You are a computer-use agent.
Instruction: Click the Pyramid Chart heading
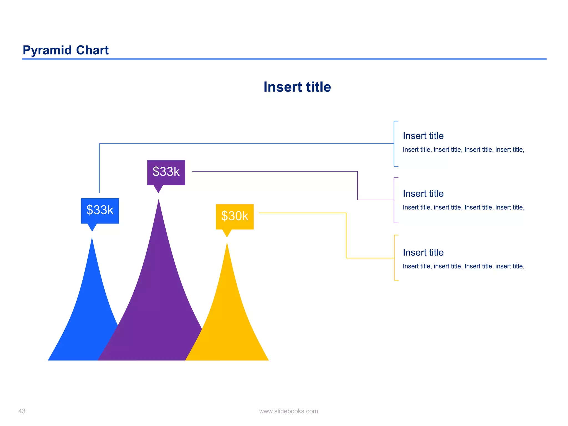point(65,50)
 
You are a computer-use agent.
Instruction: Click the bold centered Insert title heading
point(297,87)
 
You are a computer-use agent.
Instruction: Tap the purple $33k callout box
point(166,172)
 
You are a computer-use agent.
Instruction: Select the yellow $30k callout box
point(235,216)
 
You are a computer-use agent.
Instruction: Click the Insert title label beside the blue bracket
point(423,136)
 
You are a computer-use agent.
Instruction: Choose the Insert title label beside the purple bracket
point(423,194)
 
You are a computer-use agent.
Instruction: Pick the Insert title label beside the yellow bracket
point(423,252)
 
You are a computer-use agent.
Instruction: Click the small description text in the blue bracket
point(463,150)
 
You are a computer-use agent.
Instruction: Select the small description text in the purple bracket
point(463,207)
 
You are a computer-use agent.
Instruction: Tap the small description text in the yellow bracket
point(463,266)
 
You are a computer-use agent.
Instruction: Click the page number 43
point(22,411)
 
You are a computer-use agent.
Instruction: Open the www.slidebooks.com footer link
point(288,411)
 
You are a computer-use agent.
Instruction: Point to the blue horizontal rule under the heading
point(284,59)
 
